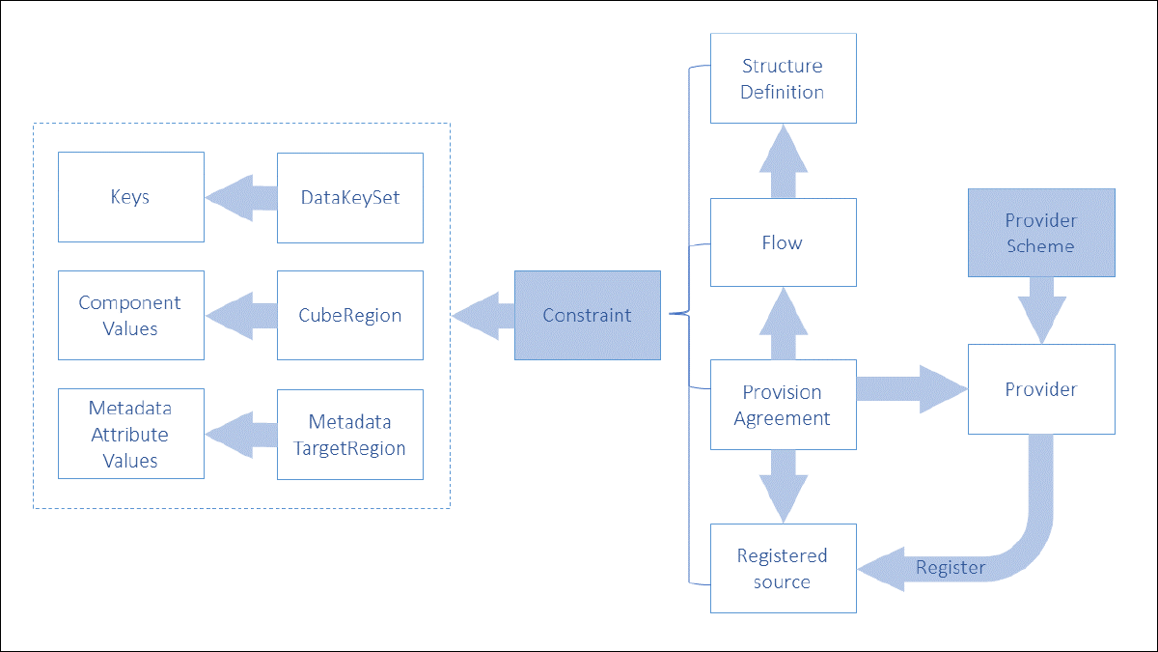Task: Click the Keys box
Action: [130, 197]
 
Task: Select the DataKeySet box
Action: [349, 197]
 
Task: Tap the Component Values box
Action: [130, 316]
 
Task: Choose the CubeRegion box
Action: [349, 316]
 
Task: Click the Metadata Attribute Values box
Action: [130, 434]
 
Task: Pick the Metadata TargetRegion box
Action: [349, 435]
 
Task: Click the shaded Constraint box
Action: [587, 316]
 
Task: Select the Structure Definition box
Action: [783, 78]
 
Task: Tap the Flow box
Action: [783, 242]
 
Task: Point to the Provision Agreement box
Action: [783, 405]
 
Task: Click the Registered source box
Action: [783, 568]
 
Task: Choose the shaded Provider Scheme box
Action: [1041, 233]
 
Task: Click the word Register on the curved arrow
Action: [951, 567]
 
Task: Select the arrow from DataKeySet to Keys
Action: [240, 198]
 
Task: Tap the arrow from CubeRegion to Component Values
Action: [240, 317]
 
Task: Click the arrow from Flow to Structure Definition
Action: [783, 161]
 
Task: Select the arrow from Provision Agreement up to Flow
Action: [783, 324]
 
